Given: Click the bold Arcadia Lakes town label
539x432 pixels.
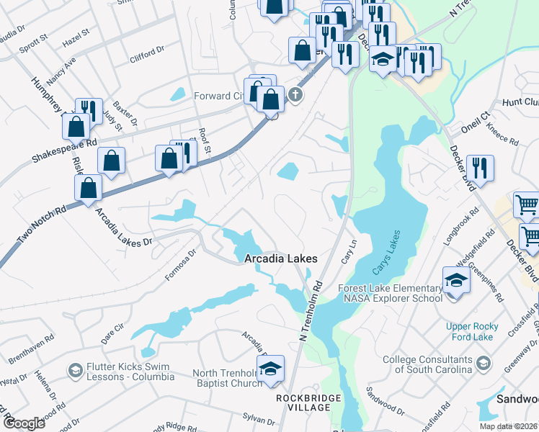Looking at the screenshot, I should (280, 258).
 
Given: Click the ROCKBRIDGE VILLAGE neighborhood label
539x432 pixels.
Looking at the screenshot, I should (302, 402).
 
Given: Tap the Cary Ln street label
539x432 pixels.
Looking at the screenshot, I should (349, 251).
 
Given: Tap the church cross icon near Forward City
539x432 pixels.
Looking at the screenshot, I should (294, 94).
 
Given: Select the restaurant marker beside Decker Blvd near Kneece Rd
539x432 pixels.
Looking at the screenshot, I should (479, 168).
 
